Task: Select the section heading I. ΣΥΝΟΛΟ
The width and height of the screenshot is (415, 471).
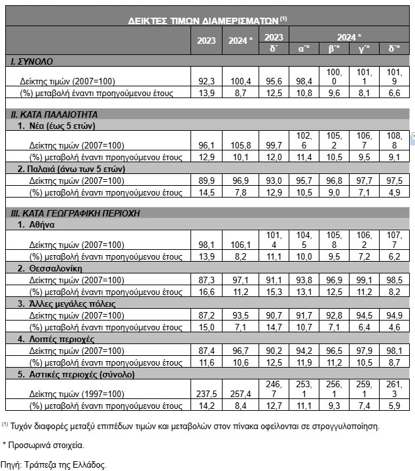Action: [x=33, y=61]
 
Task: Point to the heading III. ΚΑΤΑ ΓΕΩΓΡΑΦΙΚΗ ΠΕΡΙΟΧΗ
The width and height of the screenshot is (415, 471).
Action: [x=75, y=213]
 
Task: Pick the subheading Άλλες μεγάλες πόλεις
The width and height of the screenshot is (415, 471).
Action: [x=72, y=304]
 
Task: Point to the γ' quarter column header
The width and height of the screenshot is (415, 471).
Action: [x=364, y=48]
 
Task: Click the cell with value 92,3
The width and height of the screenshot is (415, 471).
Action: [x=207, y=82]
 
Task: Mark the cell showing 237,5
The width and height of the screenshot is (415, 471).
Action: [x=207, y=394]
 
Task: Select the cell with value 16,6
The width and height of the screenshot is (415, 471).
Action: [x=207, y=292]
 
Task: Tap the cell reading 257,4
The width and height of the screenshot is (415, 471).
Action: [x=240, y=394]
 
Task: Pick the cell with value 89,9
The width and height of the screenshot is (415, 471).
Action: [x=207, y=180]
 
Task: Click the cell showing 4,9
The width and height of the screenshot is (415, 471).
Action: [x=394, y=192]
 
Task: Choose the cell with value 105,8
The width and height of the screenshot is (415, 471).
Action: [x=240, y=145]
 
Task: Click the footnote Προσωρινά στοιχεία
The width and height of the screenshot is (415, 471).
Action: [x=45, y=445]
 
